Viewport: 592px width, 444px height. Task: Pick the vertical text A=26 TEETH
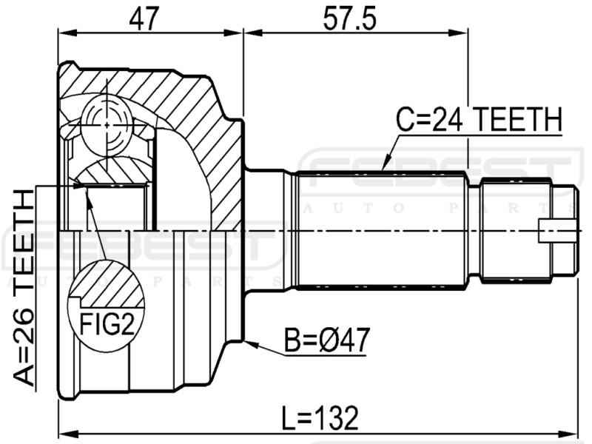25,288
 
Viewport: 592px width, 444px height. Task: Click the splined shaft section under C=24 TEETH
381,229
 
